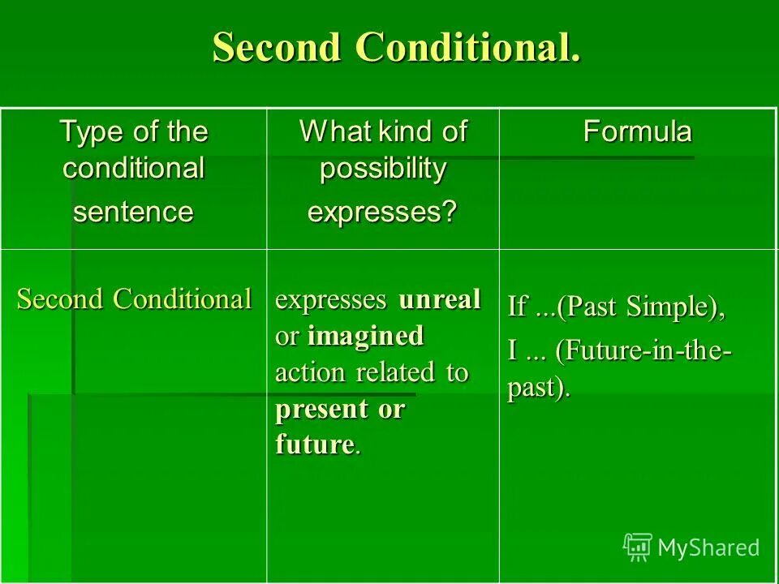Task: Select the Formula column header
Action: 637,132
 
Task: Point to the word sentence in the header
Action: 134,212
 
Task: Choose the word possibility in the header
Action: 382,169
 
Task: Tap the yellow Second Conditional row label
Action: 134,299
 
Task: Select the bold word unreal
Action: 439,299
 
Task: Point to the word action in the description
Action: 303,372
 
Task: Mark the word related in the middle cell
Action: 388,372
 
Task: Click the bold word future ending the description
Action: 315,445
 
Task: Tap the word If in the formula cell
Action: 517,307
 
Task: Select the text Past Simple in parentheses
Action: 636,307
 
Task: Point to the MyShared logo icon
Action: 637,547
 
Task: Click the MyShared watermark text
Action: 708,547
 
